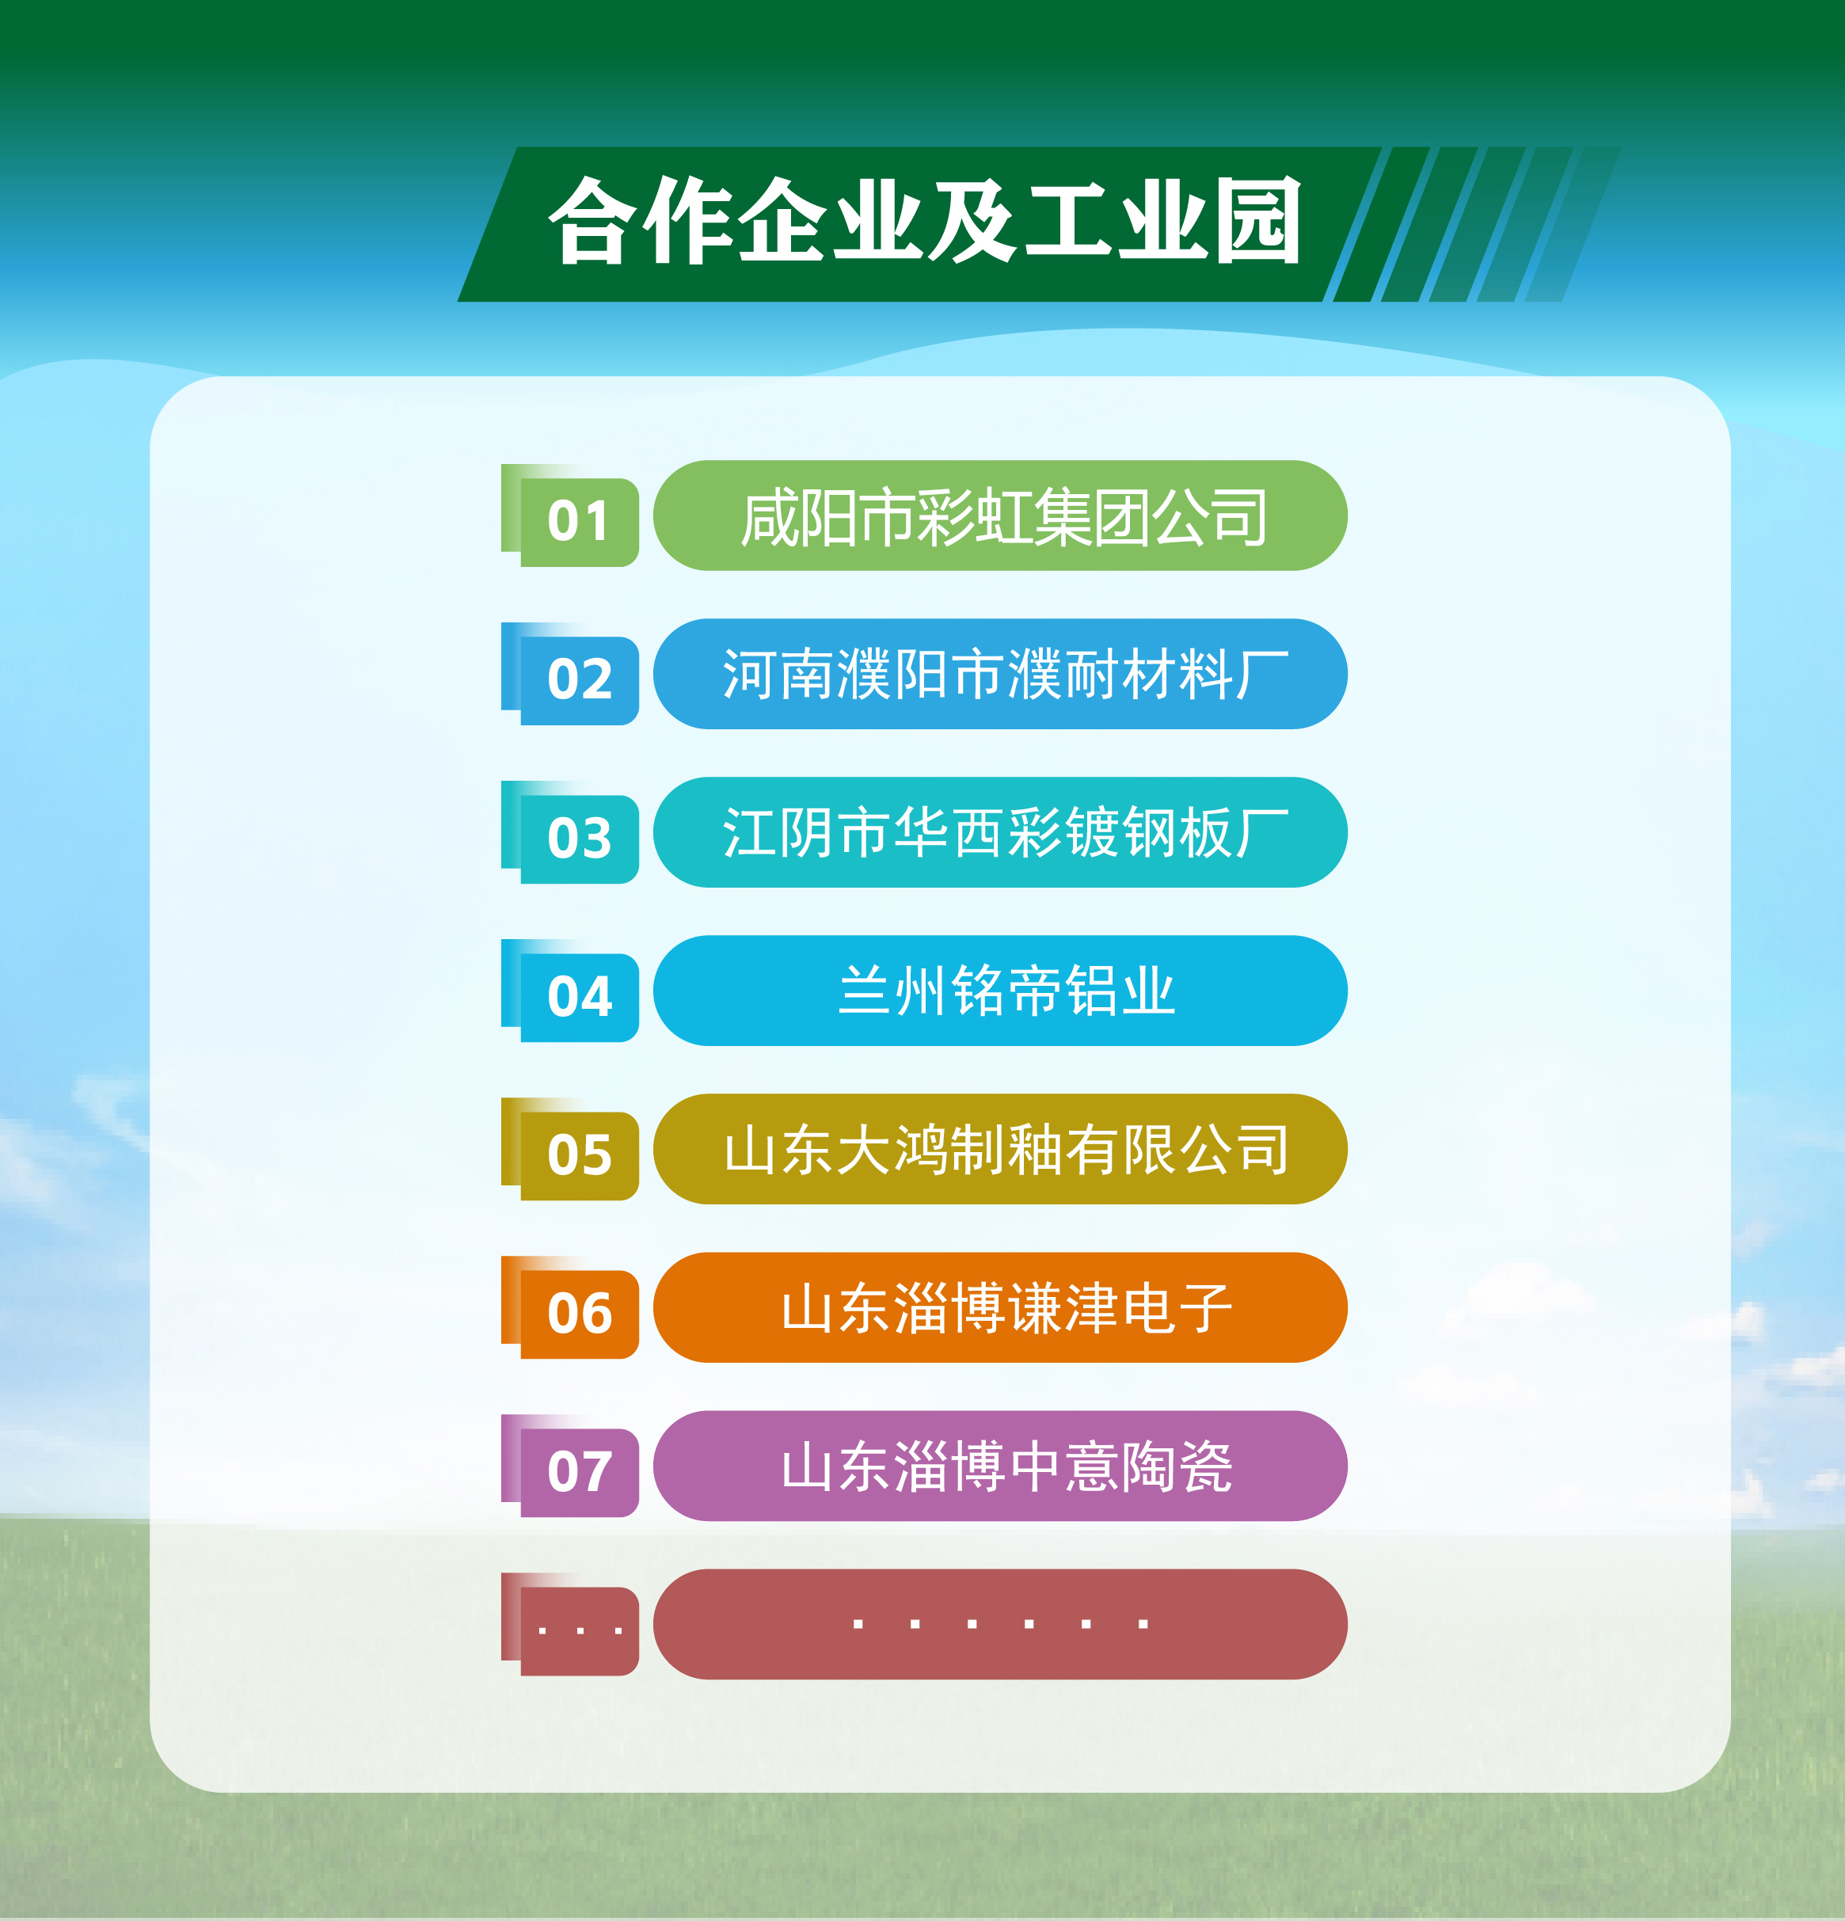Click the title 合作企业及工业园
click(926, 222)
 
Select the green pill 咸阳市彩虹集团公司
click(1000, 515)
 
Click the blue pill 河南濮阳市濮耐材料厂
click(1000, 675)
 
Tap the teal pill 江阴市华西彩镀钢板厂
click(1000, 832)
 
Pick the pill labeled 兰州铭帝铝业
click(1000, 991)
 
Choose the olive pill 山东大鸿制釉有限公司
click(1000, 1150)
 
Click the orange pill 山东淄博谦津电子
click(1000, 1307)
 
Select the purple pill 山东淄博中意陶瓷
click(1000, 1466)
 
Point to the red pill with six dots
click(1000, 1625)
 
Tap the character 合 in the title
click(592, 222)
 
